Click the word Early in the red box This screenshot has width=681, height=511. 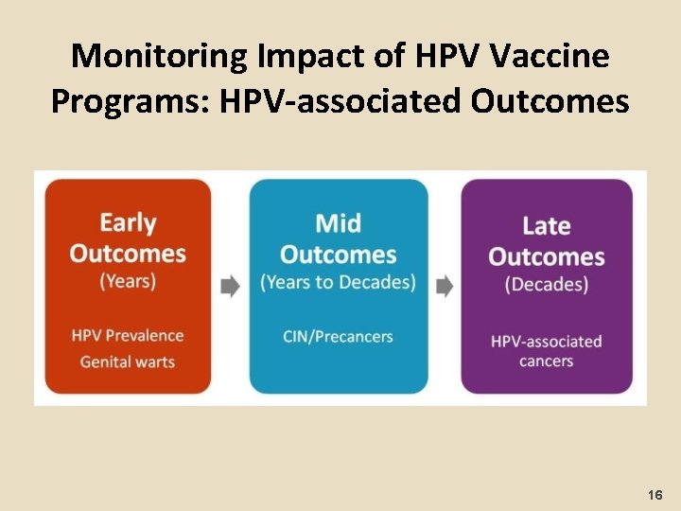tap(128, 223)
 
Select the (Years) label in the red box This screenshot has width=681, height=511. tap(128, 281)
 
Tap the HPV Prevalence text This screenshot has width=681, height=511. tap(128, 336)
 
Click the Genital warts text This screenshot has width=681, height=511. tap(128, 361)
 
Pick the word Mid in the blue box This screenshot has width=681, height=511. tap(338, 223)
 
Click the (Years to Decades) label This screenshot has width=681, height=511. tap(338, 282)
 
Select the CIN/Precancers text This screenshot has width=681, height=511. tap(338, 336)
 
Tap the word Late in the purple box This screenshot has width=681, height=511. tap(547, 226)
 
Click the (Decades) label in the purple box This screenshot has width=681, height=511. tap(547, 284)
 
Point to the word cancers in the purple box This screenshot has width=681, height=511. tap(547, 361)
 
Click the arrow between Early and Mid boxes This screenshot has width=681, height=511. tap(230, 287)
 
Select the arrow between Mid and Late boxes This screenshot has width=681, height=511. tap(444, 287)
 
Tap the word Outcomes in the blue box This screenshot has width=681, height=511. tap(338, 255)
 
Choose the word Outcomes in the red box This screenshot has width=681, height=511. tap(128, 254)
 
